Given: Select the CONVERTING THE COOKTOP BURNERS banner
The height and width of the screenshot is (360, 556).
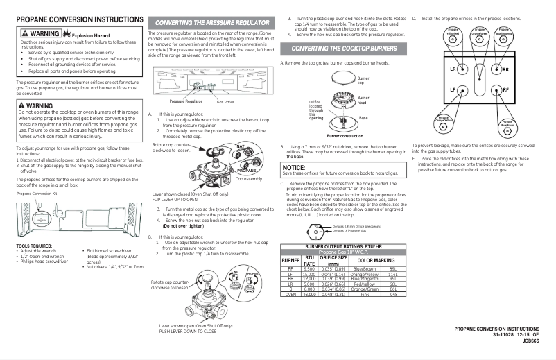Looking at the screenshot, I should pyautogui.click(x=345, y=49).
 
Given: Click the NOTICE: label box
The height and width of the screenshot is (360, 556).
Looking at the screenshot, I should pyautogui.click(x=295, y=167).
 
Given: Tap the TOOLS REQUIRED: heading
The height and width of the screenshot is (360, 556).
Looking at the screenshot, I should pyautogui.click(x=35, y=245).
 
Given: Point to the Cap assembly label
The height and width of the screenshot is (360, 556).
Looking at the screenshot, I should pyautogui.click(x=248, y=178).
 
